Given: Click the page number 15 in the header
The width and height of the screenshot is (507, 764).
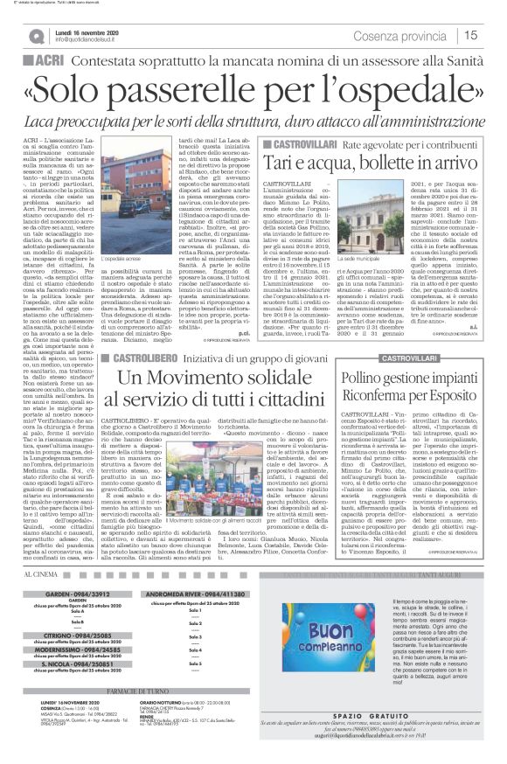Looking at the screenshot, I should click(490, 35).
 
